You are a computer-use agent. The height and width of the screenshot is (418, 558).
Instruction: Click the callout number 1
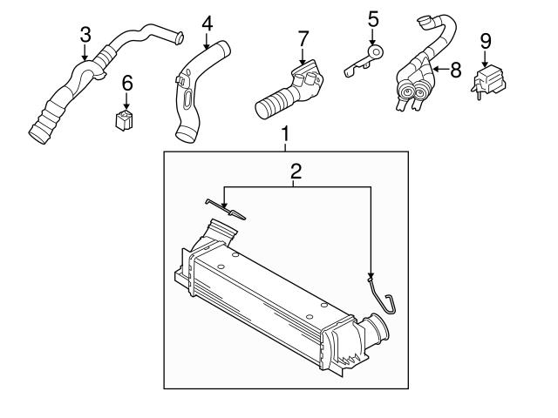point(285,134)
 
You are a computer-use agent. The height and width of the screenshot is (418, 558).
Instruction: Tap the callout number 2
point(296,172)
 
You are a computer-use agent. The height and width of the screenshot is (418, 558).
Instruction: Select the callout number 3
point(85,35)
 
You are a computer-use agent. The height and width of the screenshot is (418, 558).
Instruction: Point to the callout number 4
point(208,24)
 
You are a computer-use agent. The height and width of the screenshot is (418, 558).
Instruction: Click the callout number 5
point(373,19)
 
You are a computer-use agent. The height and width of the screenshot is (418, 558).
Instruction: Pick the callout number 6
point(127,84)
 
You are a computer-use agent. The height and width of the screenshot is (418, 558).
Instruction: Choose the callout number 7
point(303,39)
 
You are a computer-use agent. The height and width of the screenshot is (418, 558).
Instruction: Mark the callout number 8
point(456,70)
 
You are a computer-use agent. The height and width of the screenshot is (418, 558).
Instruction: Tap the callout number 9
point(486,41)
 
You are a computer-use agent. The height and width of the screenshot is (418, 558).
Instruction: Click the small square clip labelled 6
point(124,120)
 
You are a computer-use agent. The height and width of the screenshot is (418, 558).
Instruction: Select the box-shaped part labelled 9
point(489,81)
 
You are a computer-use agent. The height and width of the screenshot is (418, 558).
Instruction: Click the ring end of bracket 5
point(376,52)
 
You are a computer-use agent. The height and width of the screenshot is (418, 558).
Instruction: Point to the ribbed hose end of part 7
point(273,104)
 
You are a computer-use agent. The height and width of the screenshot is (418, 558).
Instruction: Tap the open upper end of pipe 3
point(180,37)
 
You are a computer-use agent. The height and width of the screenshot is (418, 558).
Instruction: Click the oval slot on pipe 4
point(187,98)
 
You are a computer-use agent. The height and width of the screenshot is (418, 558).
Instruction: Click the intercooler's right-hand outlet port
point(377,330)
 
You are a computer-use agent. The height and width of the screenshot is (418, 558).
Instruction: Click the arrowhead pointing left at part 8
point(436,70)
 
